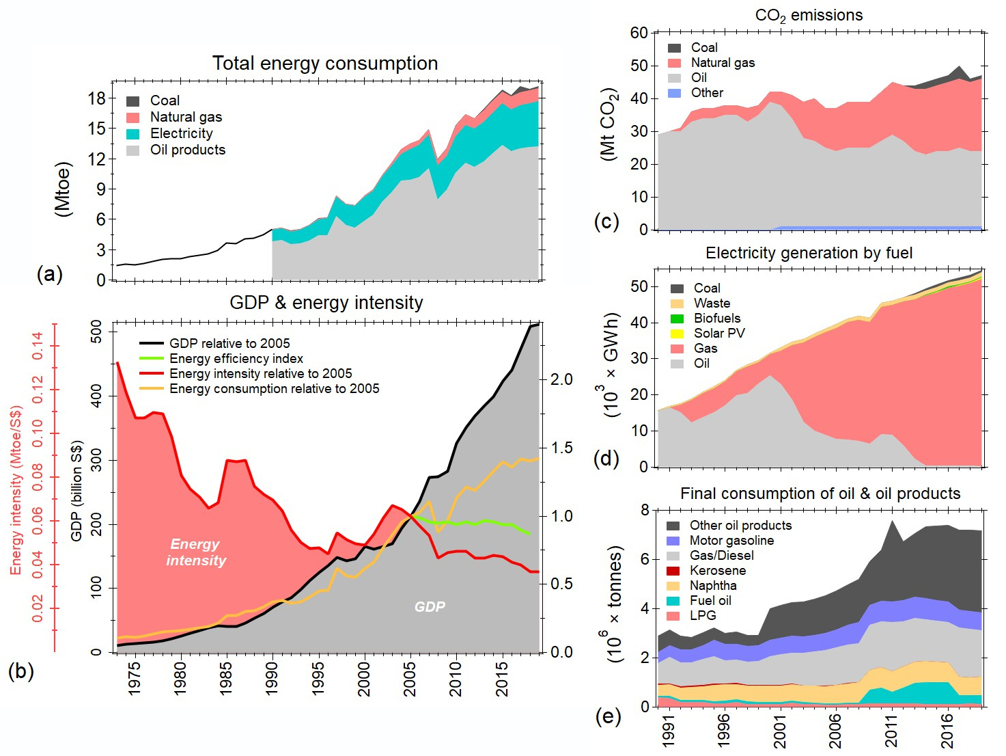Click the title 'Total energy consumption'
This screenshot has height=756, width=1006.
pyautogui.click(x=325, y=64)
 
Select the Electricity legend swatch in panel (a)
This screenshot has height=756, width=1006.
pyautogui.click(x=133, y=134)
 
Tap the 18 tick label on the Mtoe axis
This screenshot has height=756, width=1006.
pyautogui.click(x=97, y=98)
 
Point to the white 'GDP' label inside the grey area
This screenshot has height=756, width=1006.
pyautogui.click(x=430, y=607)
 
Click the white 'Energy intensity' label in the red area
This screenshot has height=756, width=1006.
pyautogui.click(x=195, y=552)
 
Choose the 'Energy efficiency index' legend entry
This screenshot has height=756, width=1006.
pyautogui.click(x=236, y=359)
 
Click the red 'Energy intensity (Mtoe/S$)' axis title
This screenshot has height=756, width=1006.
pyautogui.click(x=16, y=490)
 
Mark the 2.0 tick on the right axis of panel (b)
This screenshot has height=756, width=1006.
pyautogui.click(x=561, y=379)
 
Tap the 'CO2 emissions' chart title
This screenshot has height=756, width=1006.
pyautogui.click(x=809, y=16)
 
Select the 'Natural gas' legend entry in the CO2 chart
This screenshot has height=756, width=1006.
pyautogui.click(x=723, y=63)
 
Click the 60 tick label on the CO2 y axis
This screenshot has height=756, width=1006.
pyautogui.click(x=639, y=33)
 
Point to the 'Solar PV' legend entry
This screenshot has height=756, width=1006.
pyautogui.click(x=719, y=334)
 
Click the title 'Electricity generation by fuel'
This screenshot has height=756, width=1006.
pyautogui.click(x=809, y=254)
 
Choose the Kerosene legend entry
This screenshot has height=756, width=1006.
pyautogui.click(x=717, y=571)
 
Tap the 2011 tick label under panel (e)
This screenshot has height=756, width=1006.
pyautogui.click(x=891, y=731)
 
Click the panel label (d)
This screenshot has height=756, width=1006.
pyautogui.click(x=606, y=459)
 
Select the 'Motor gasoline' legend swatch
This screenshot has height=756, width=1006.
pyautogui.click(x=673, y=541)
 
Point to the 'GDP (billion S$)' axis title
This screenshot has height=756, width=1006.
pyautogui.click(x=76, y=491)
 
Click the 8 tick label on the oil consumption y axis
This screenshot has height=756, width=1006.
pyautogui.click(x=645, y=510)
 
